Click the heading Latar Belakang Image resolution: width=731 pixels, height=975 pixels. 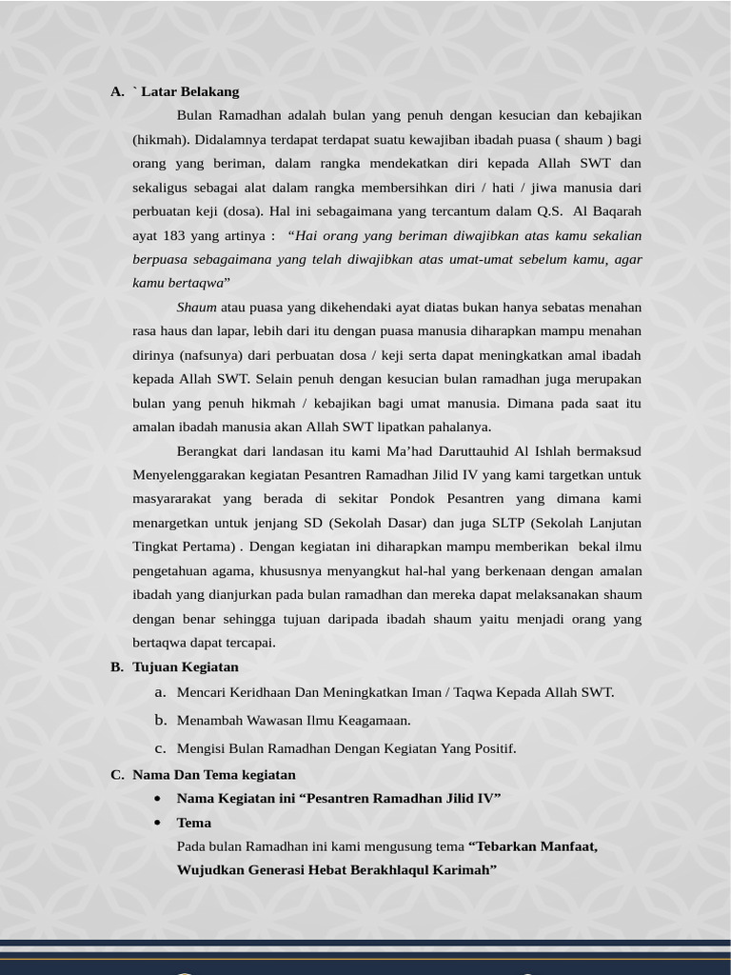[189, 91]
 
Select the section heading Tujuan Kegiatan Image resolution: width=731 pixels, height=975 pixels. [186, 667]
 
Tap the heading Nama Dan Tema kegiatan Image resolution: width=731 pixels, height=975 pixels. [214, 774]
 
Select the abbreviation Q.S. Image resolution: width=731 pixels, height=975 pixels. [549, 211]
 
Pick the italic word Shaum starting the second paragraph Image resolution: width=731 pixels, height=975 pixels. [196, 308]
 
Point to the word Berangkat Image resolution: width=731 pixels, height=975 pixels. [206, 450]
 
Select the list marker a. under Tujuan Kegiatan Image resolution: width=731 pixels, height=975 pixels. [161, 692]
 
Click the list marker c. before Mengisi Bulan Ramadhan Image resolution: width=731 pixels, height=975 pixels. [161, 747]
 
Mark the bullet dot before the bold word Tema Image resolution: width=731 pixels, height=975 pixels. [157, 823]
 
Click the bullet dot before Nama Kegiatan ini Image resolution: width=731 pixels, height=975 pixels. [157, 799]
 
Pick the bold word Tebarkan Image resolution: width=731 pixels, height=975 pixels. [504, 846]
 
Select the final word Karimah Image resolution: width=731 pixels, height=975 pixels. [465, 870]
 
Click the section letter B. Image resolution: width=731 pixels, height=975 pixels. [116, 667]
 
